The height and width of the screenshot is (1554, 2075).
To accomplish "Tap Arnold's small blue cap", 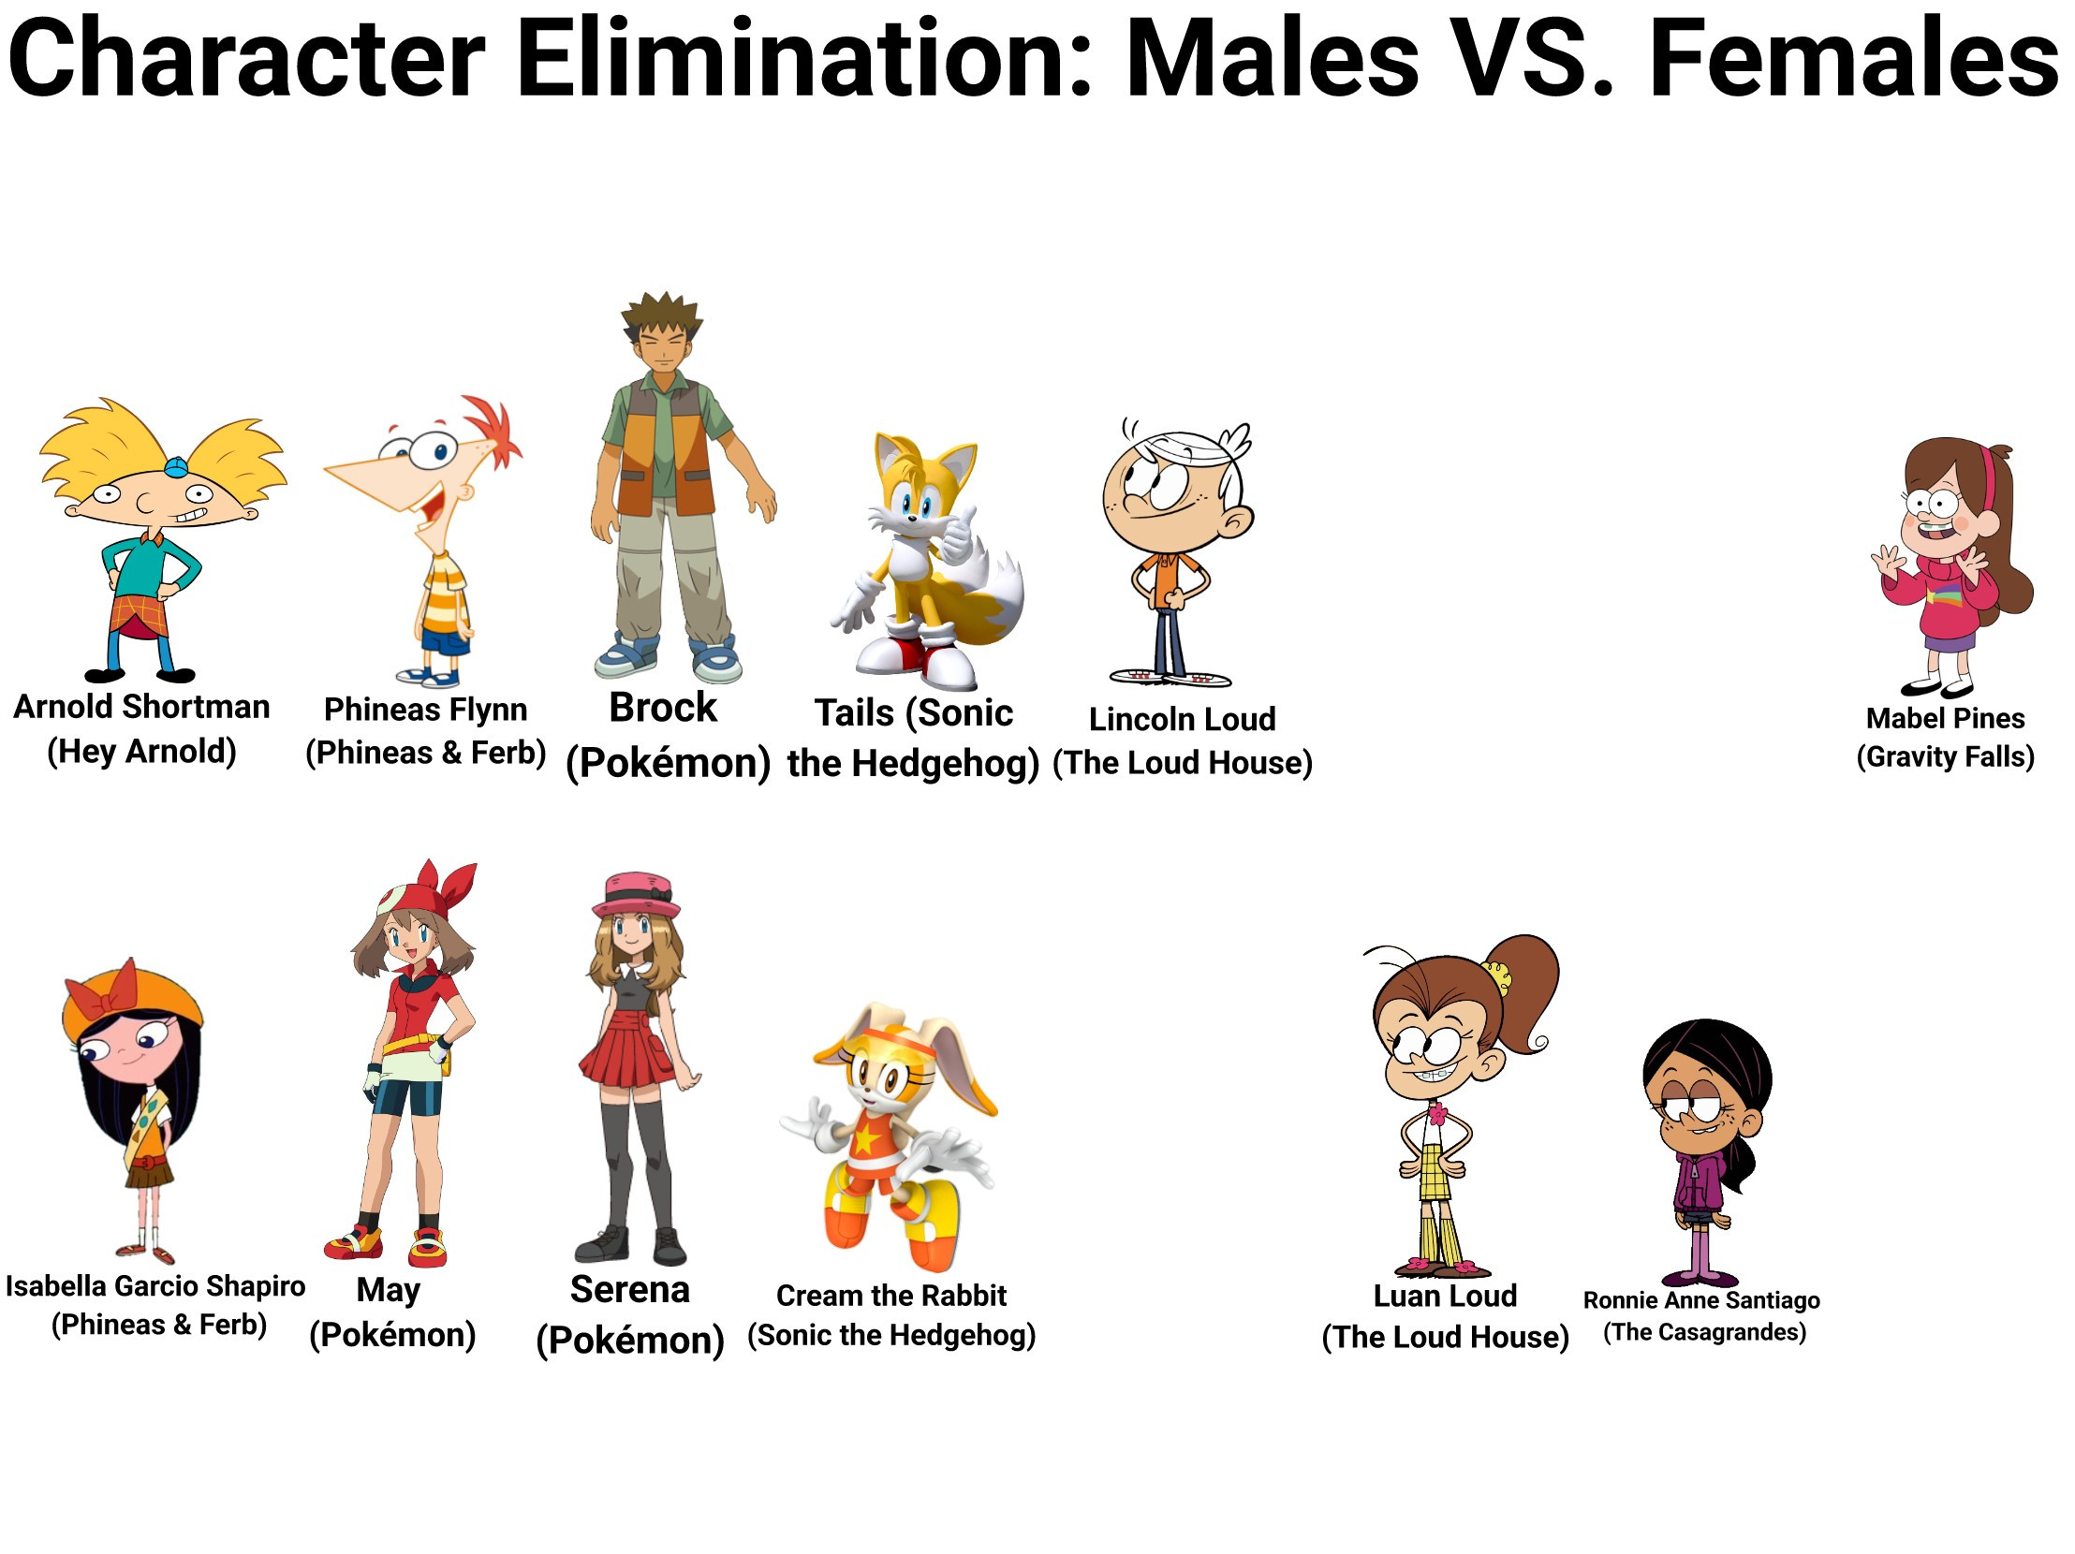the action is click(176, 465).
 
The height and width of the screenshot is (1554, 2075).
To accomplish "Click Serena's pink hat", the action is click(636, 895).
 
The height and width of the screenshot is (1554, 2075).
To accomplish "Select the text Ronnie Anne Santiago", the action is click(1701, 1300).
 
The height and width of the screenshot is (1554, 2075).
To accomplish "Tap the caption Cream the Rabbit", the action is click(891, 1296).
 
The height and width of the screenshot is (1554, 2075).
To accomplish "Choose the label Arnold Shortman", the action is click(141, 706).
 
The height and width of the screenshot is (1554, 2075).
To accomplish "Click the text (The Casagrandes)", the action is click(1704, 1332).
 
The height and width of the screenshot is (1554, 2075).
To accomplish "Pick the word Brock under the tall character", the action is click(663, 707).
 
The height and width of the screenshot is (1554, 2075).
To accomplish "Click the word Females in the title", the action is click(1853, 58).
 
